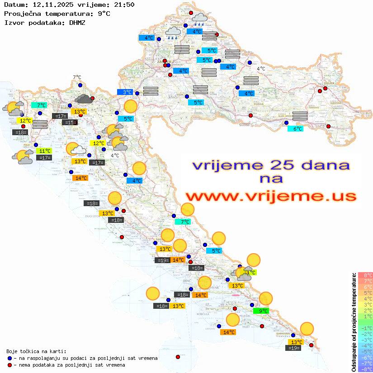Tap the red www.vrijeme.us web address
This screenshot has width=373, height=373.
270,196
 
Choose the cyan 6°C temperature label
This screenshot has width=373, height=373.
295,129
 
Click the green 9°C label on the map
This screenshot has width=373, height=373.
261,311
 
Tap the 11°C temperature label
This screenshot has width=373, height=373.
44,151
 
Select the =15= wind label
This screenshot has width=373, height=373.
69,123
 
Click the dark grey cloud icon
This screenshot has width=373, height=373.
84,99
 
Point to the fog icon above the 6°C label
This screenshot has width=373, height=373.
300,115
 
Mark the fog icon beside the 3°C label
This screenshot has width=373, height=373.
151,91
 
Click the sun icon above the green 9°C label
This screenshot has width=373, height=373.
266,298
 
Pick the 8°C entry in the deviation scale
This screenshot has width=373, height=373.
365,275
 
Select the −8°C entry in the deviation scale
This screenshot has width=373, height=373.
365,369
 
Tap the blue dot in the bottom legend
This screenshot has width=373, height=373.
9,358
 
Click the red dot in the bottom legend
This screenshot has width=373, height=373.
9,365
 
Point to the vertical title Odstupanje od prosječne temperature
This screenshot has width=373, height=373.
354,322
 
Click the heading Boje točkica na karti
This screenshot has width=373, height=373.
36,351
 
